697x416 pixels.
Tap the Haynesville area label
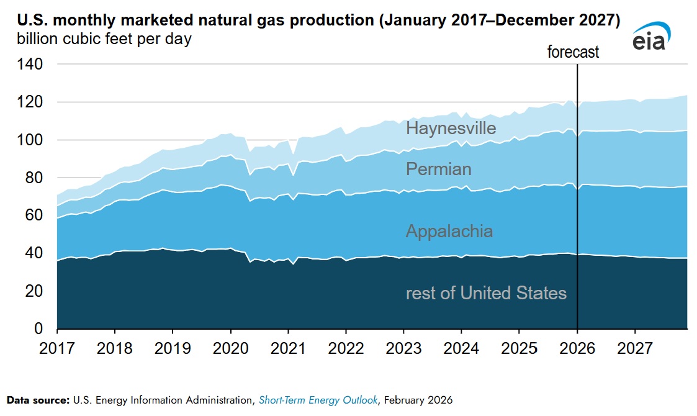pos(451,129)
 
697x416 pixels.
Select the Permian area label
pos(438,169)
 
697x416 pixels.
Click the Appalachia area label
pos(449,232)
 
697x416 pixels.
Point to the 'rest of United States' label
pos(486,293)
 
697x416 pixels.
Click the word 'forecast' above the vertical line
pos(573,52)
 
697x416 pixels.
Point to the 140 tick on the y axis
pos(30,64)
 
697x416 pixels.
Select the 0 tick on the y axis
pos(38,328)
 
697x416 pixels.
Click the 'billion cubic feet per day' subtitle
pos(100,39)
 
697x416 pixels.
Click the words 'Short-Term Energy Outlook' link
pos(318,400)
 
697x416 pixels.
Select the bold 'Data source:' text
pos(37,400)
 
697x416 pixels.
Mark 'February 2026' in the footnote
pos(418,400)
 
